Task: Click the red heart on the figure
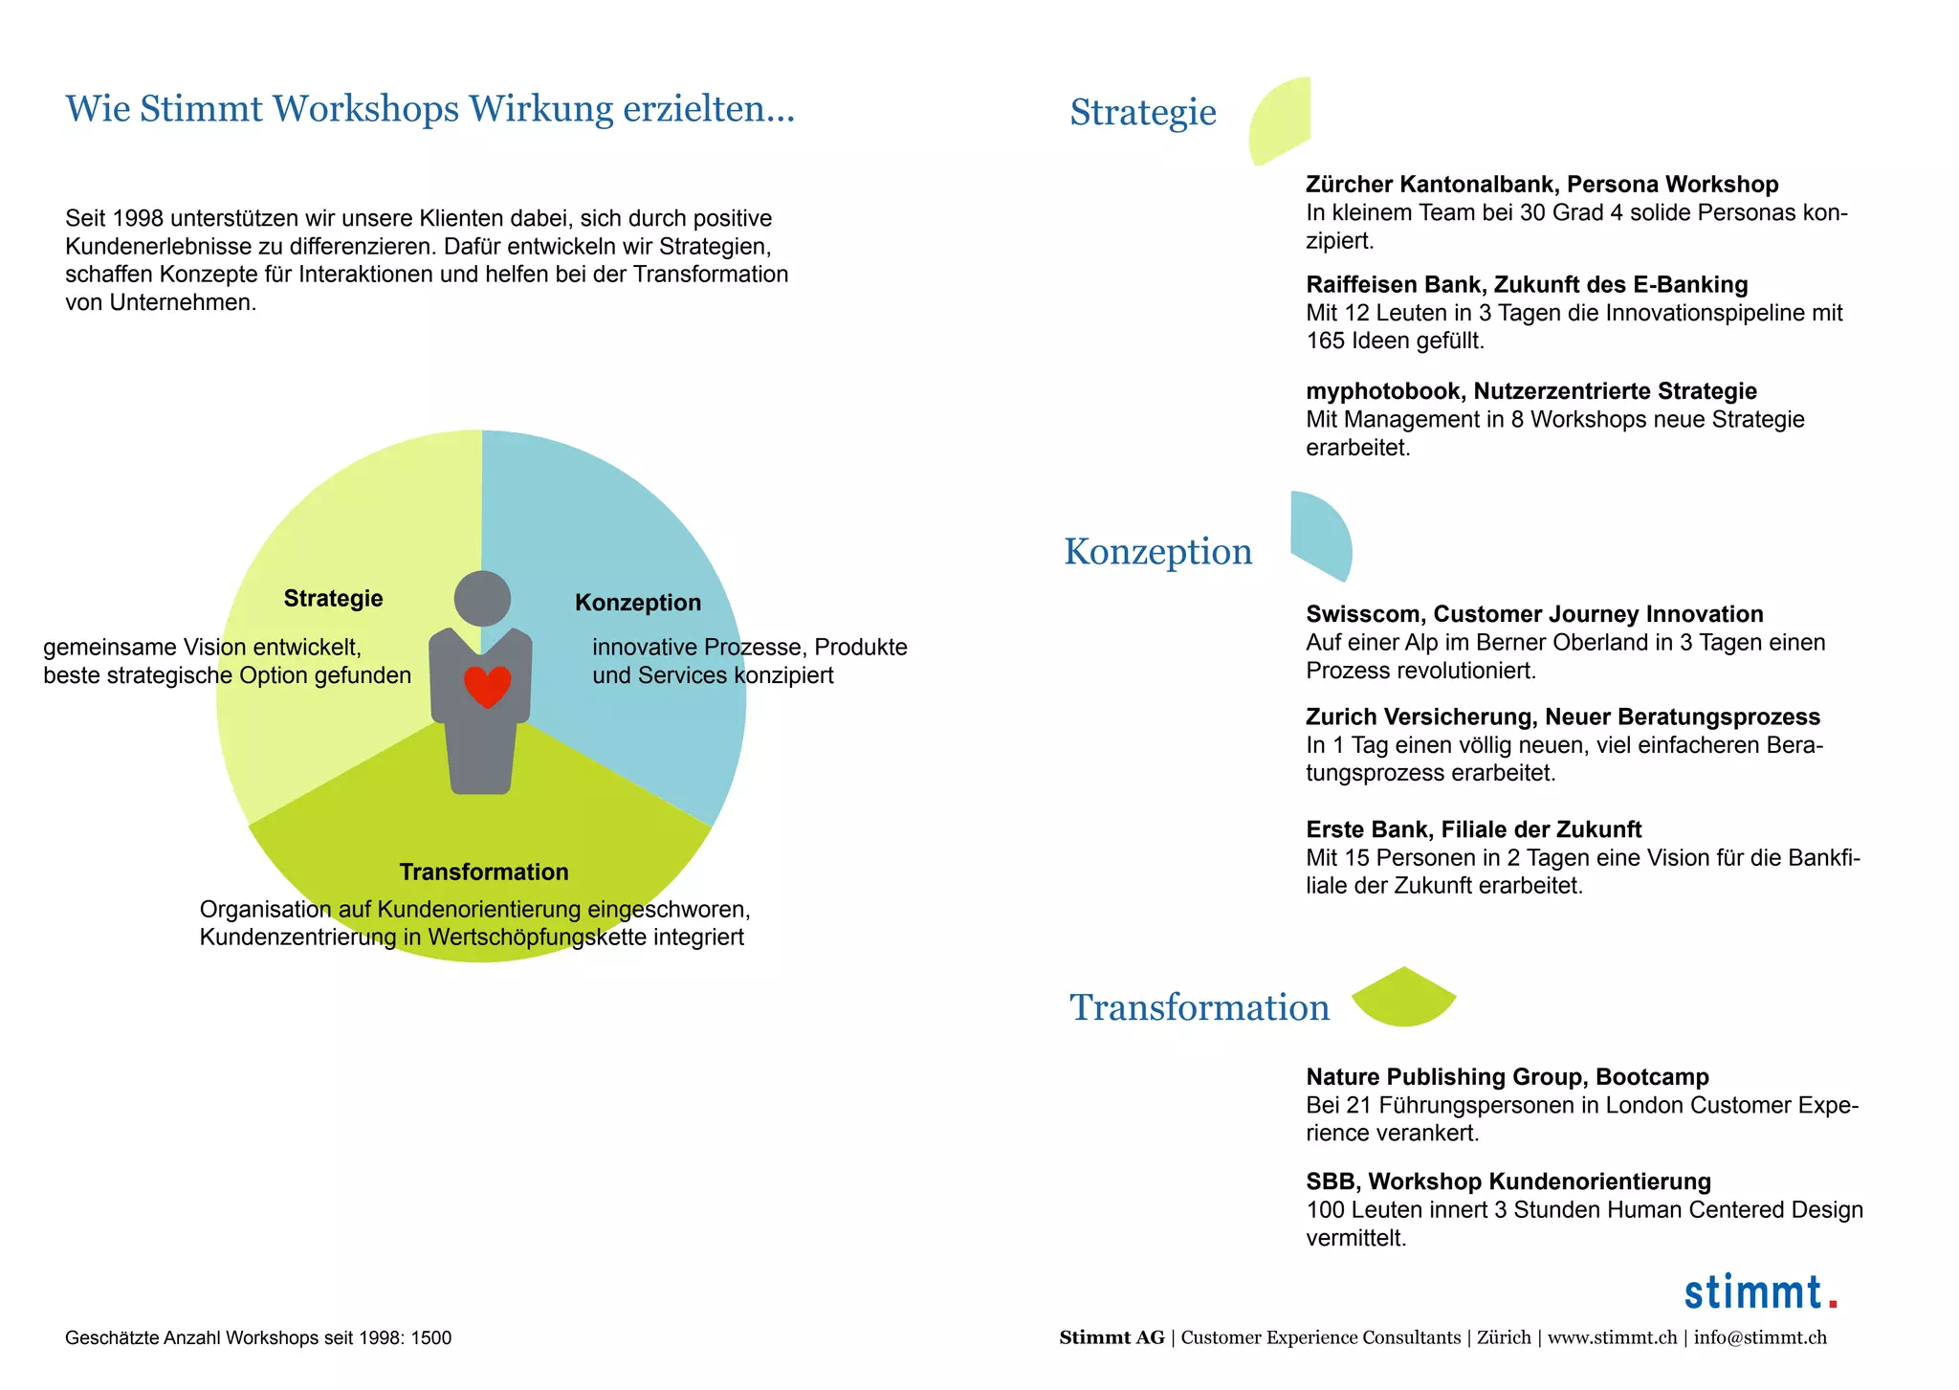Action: pos(487,686)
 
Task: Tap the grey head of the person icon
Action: pos(482,599)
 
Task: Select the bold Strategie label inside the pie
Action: pos(333,599)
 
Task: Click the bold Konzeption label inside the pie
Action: pos(638,603)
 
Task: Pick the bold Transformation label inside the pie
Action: pos(484,872)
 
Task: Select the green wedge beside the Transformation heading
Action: pos(1403,999)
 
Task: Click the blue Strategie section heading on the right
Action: pos(1143,113)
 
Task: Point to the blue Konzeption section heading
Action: pos(1158,552)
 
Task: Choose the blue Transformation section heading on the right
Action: pos(1200,1008)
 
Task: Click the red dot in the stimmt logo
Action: pos(1832,1303)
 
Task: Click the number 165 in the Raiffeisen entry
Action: pos(1325,341)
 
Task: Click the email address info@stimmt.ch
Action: pos(1760,1337)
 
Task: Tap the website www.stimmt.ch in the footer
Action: pos(1612,1337)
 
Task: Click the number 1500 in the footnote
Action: pos(431,1337)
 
